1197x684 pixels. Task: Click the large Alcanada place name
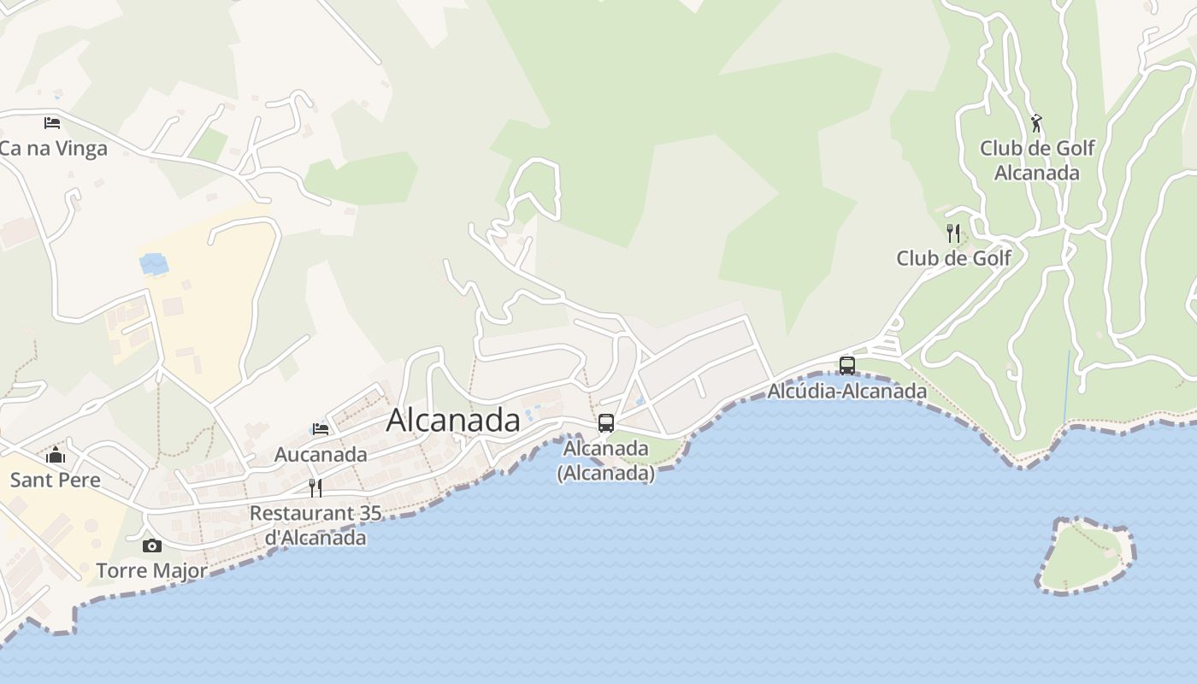point(453,420)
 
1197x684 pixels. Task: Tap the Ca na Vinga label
point(53,149)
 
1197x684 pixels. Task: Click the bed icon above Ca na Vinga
point(52,122)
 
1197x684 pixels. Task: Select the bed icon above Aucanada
point(321,428)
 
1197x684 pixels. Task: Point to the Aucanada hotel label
point(321,455)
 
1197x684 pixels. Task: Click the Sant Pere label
point(56,480)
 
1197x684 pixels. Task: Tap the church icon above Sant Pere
point(56,454)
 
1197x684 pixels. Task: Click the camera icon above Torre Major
point(152,545)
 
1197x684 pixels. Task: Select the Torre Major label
point(151,570)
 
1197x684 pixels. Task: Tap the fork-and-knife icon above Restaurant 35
point(315,487)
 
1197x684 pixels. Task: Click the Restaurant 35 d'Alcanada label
point(314,525)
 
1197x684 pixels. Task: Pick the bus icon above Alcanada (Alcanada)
point(606,422)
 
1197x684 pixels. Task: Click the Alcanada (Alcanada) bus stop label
point(606,460)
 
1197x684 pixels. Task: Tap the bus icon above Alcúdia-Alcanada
point(847,365)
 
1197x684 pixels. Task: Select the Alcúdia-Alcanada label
point(847,392)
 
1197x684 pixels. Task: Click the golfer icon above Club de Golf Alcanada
point(1036,123)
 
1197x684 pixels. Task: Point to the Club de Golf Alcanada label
point(1037,161)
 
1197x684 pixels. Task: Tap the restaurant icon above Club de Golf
point(953,233)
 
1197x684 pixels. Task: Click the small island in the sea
point(1084,556)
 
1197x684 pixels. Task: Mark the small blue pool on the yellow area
point(155,264)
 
